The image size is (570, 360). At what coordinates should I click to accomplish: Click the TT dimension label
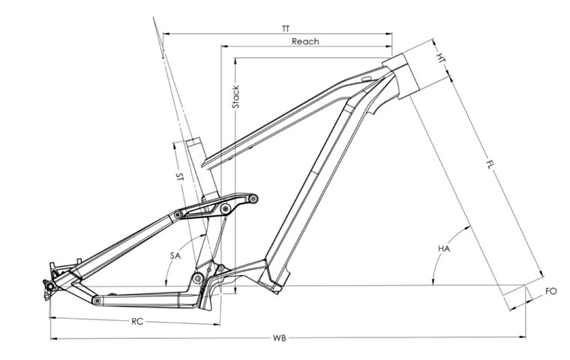point(285,28)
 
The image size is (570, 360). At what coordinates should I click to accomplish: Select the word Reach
point(304,41)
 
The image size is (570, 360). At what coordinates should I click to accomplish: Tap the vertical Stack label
point(235,97)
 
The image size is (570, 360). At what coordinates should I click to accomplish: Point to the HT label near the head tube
point(442,56)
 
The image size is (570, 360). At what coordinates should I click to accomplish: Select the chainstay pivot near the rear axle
point(96,300)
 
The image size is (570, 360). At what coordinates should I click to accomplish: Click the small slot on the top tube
point(366,78)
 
